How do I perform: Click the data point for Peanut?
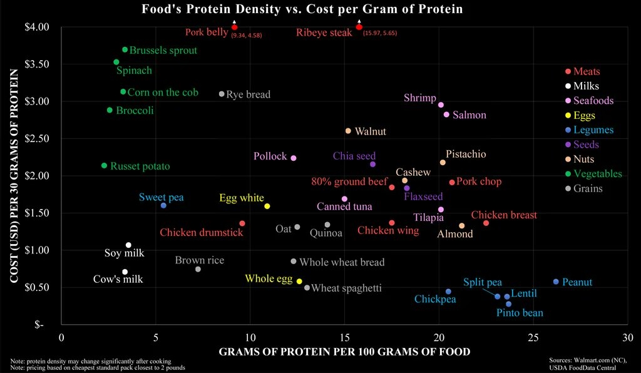(556, 282)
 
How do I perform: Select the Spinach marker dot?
(116, 62)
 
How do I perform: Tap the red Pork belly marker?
(234, 27)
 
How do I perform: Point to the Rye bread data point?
(222, 94)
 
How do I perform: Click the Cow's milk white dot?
(125, 272)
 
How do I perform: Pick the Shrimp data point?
(441, 105)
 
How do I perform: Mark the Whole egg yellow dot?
(299, 282)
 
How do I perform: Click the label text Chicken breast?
(504, 215)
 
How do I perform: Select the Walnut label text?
(370, 131)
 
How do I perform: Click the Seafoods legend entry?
(593, 101)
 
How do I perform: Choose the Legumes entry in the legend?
(592, 130)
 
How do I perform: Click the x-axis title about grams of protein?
(344, 352)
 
